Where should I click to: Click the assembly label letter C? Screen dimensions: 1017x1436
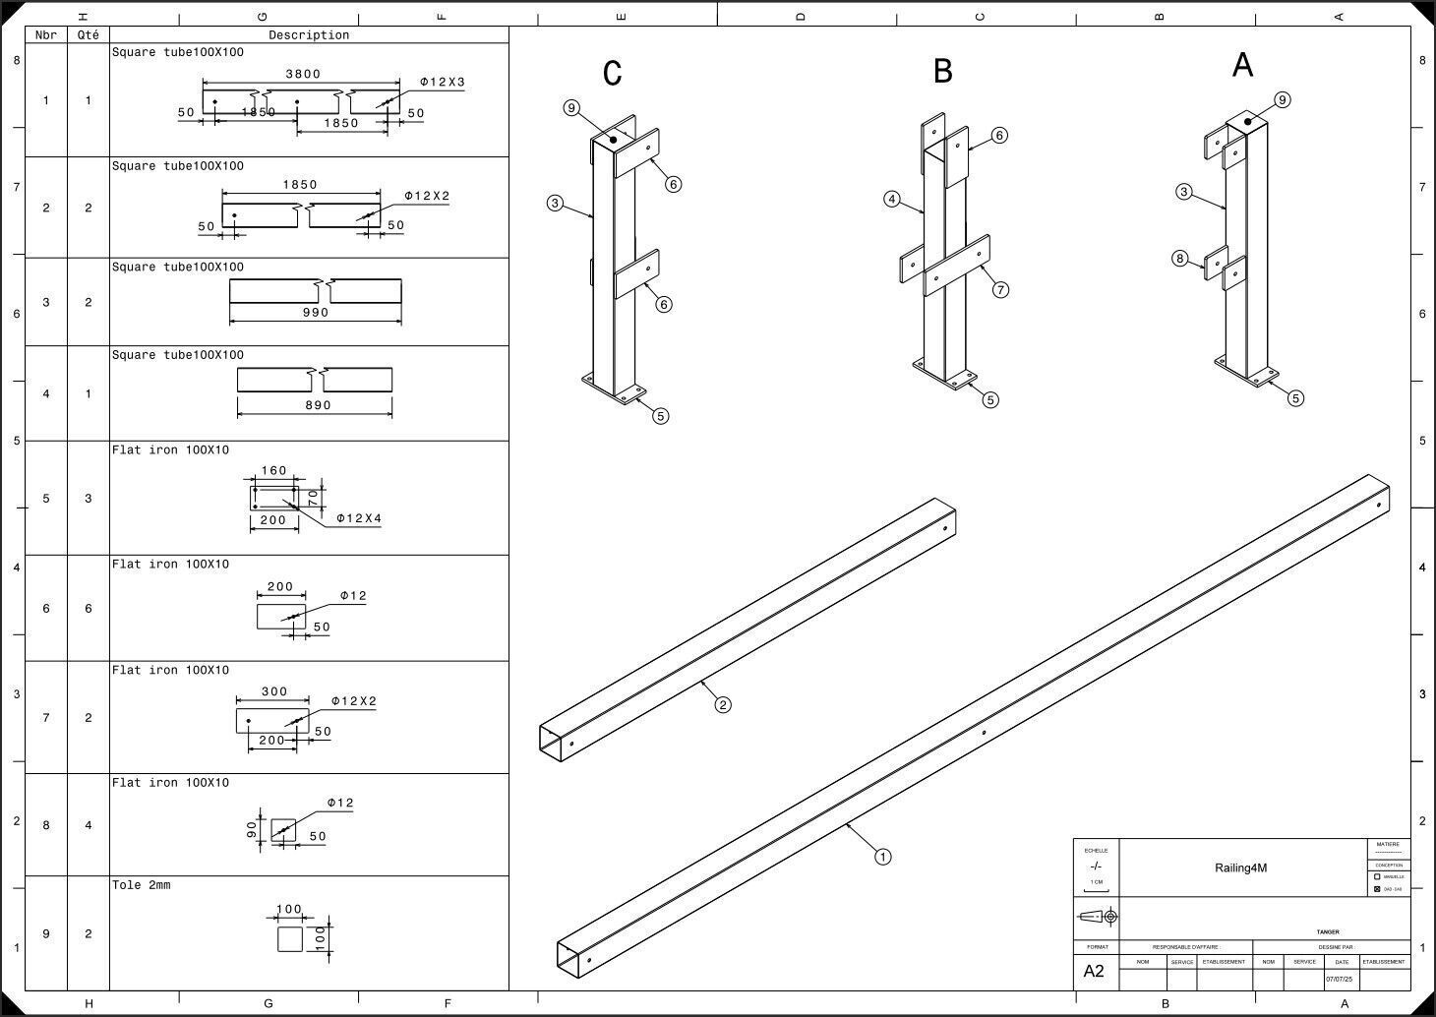[613, 74]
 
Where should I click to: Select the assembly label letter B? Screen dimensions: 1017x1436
[943, 71]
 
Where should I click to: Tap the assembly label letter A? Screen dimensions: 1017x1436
[1242, 65]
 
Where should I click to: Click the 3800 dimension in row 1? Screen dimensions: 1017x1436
[303, 74]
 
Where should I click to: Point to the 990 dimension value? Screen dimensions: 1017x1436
[316, 313]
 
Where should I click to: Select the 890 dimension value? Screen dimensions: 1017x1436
[316, 405]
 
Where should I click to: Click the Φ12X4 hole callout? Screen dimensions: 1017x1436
[358, 518]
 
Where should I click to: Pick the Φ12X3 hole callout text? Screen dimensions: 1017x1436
[443, 83]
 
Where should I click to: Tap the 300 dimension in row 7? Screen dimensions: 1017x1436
[274, 691]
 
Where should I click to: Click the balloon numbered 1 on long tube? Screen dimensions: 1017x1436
[883, 857]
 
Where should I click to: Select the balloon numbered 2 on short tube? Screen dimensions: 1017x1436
[723, 704]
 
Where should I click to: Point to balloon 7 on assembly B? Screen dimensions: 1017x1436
[1000, 289]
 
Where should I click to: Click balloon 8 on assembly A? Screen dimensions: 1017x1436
[1180, 259]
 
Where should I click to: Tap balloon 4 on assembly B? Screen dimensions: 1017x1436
[892, 200]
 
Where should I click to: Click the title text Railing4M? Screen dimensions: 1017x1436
[1240, 867]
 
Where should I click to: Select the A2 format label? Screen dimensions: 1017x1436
[1094, 972]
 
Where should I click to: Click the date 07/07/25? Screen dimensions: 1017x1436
[1339, 980]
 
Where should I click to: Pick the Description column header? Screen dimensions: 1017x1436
[309, 35]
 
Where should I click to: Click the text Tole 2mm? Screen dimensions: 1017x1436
[141, 885]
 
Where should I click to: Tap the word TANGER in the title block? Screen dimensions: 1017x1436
[1328, 932]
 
